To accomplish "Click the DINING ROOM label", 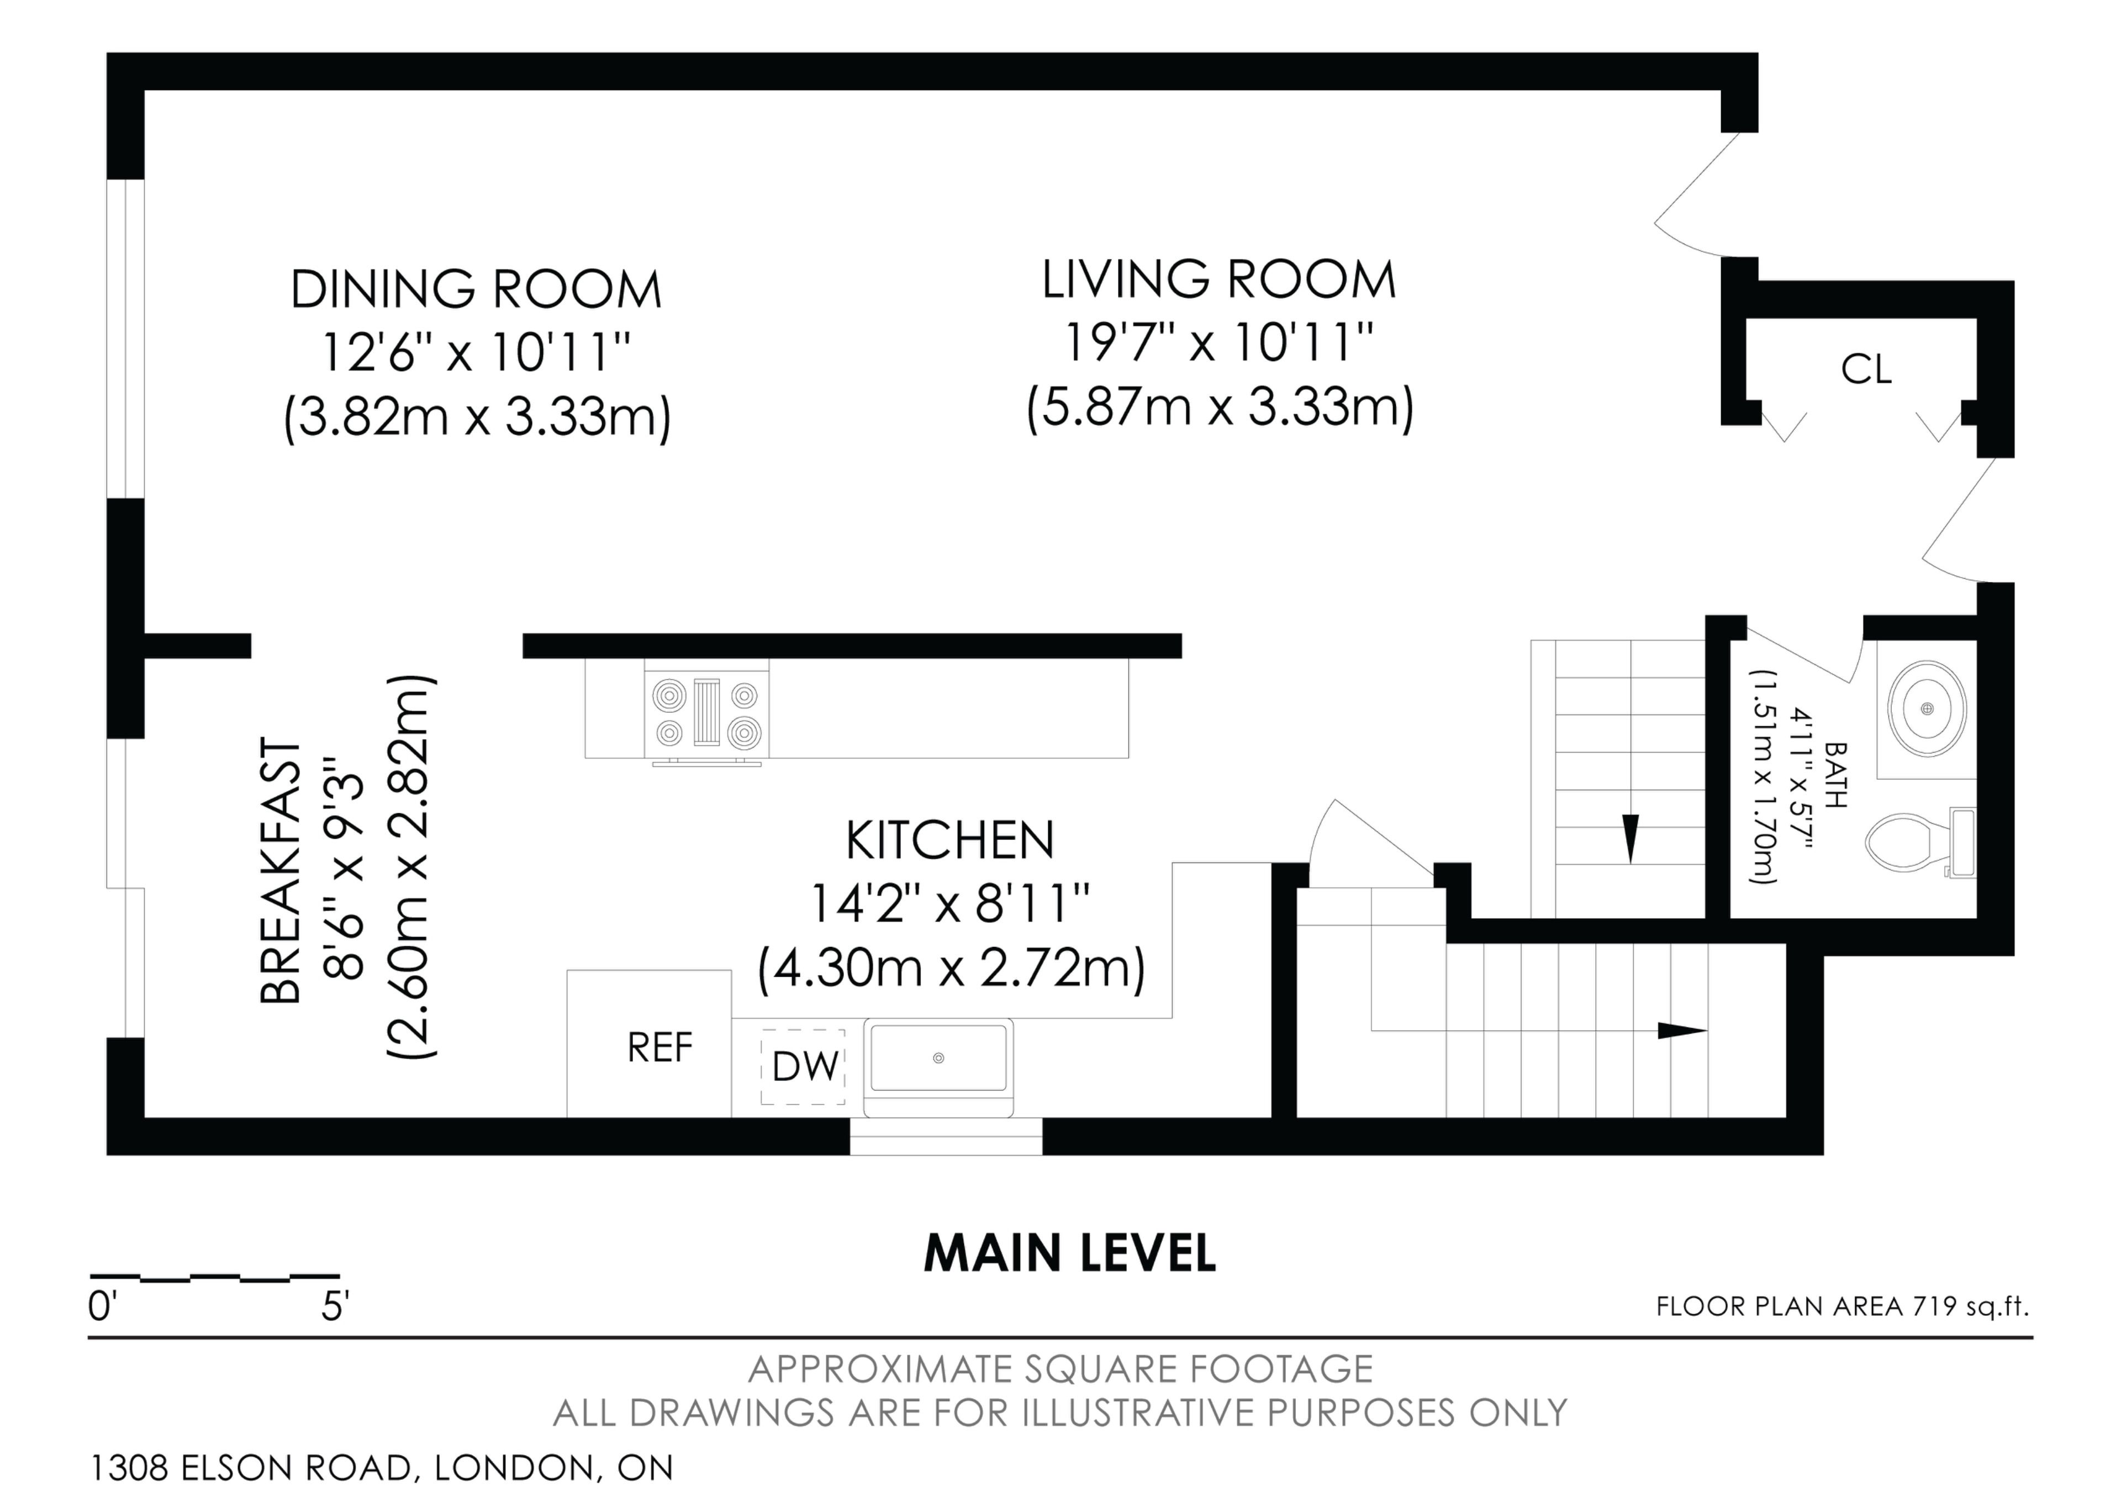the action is (477, 289).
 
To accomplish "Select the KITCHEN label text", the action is (949, 839).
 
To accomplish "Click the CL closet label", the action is (1866, 369).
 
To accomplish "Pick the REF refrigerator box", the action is (650, 1044).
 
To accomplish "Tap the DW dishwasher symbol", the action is (803, 1067).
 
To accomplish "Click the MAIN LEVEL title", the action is (1070, 1253).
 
